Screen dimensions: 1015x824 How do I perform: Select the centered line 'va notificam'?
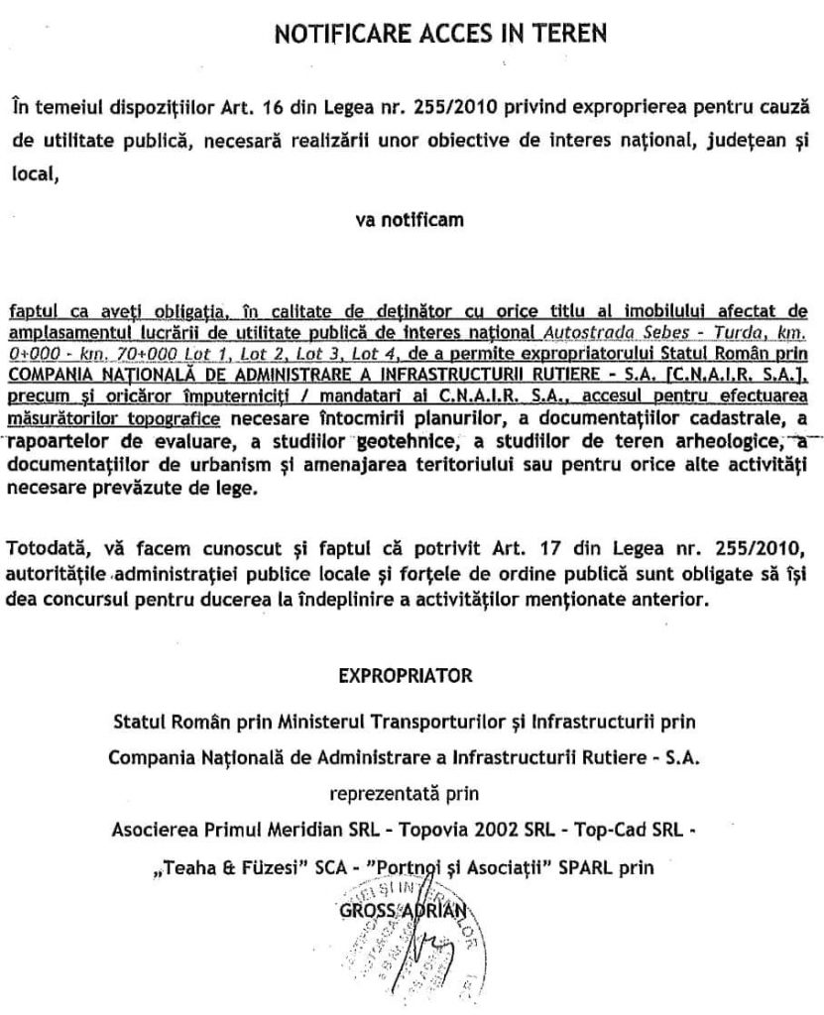(410, 221)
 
